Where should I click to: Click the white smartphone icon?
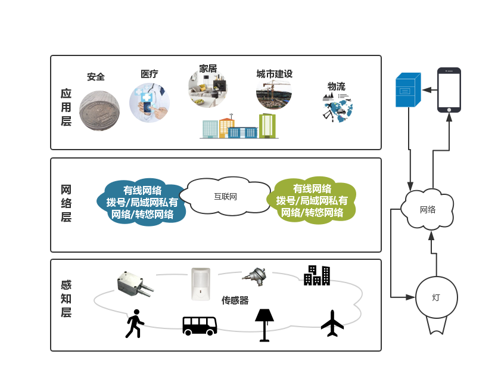tap(449, 90)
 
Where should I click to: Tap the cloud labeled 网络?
tap(428, 210)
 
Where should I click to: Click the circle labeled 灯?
tap(436, 297)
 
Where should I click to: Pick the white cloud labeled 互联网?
tap(225, 195)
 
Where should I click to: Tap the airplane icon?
tap(332, 323)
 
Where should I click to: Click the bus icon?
tap(200, 325)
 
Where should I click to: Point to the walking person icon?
tap(135, 324)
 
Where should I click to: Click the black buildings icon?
tap(317, 275)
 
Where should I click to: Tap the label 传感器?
tap(235, 300)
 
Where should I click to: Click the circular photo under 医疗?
tap(150, 103)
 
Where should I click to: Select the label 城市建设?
tap(274, 74)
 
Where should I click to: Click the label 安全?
tap(96, 77)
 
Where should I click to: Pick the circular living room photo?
tap(208, 88)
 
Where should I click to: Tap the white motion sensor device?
tap(201, 284)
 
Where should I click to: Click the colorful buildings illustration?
tap(239, 126)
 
